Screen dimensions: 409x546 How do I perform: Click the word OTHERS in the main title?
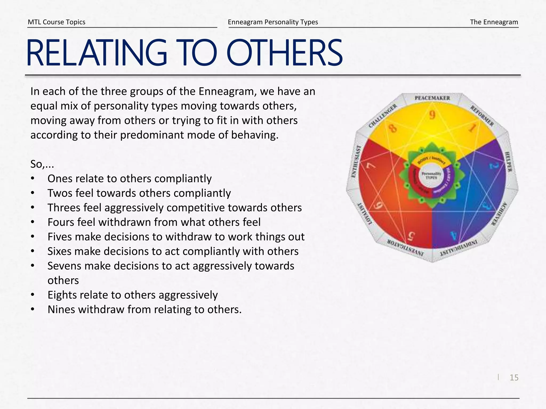click(284, 53)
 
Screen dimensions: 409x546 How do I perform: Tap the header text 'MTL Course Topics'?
click(57, 22)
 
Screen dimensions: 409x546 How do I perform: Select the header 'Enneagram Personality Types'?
click(273, 22)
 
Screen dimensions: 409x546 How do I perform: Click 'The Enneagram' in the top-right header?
click(494, 22)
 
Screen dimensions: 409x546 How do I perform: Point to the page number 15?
click(514, 378)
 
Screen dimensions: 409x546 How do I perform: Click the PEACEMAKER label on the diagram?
click(432, 98)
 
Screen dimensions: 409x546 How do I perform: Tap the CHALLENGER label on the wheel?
click(383, 116)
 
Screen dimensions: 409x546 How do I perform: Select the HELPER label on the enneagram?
click(508, 162)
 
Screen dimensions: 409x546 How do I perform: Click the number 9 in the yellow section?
click(432, 115)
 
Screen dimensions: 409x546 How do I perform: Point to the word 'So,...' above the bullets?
click(42, 164)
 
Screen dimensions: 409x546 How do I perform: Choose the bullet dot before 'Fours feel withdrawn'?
click(33, 222)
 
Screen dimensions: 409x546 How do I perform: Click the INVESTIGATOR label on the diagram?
click(405, 247)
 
